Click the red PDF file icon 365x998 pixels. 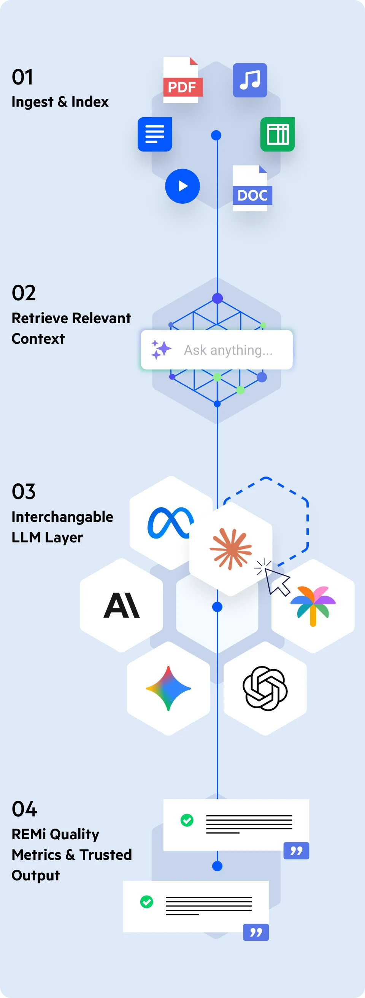[181, 81]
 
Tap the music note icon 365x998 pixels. [250, 80]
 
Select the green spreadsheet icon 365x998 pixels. [277, 134]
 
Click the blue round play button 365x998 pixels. [182, 186]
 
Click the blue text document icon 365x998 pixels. [154, 134]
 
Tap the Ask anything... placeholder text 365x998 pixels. [228, 350]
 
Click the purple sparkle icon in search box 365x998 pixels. [160, 349]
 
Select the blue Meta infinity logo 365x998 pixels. [170, 522]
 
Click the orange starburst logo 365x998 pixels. [231, 548]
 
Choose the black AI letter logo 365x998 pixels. [122, 605]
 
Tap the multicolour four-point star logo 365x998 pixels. [168, 689]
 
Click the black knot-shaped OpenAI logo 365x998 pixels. [265, 689]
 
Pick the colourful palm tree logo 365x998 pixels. [313, 605]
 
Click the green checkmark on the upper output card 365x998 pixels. [187, 820]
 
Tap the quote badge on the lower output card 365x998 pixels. [256, 932]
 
